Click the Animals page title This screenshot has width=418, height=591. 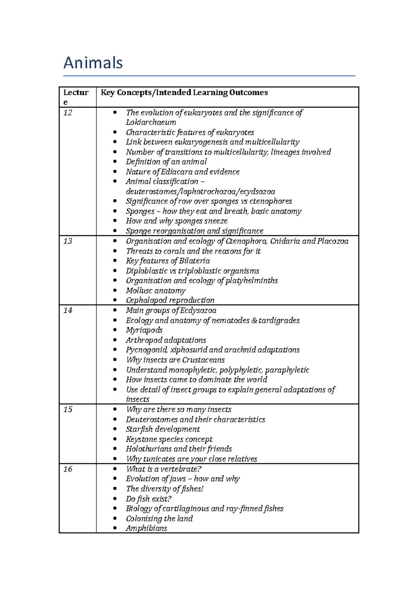click(93, 63)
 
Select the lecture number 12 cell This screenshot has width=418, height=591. click(68, 113)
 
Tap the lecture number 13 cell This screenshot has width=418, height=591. click(68, 241)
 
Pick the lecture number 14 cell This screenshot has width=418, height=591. click(68, 310)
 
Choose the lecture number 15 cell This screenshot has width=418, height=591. click(68, 410)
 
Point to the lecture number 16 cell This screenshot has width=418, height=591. click(68, 469)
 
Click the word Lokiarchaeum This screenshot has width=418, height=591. click(151, 123)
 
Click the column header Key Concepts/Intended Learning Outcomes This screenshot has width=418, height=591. click(184, 93)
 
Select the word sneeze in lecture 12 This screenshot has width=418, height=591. click(216, 221)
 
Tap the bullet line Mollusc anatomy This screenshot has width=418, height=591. click(156, 291)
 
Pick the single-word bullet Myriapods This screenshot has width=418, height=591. click(144, 330)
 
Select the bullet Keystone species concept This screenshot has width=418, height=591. click(169, 439)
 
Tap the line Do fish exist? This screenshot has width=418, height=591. click(149, 499)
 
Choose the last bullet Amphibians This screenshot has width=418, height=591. click(146, 528)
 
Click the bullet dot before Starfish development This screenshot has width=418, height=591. click(115, 429)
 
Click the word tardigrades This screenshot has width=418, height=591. click(279, 321)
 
